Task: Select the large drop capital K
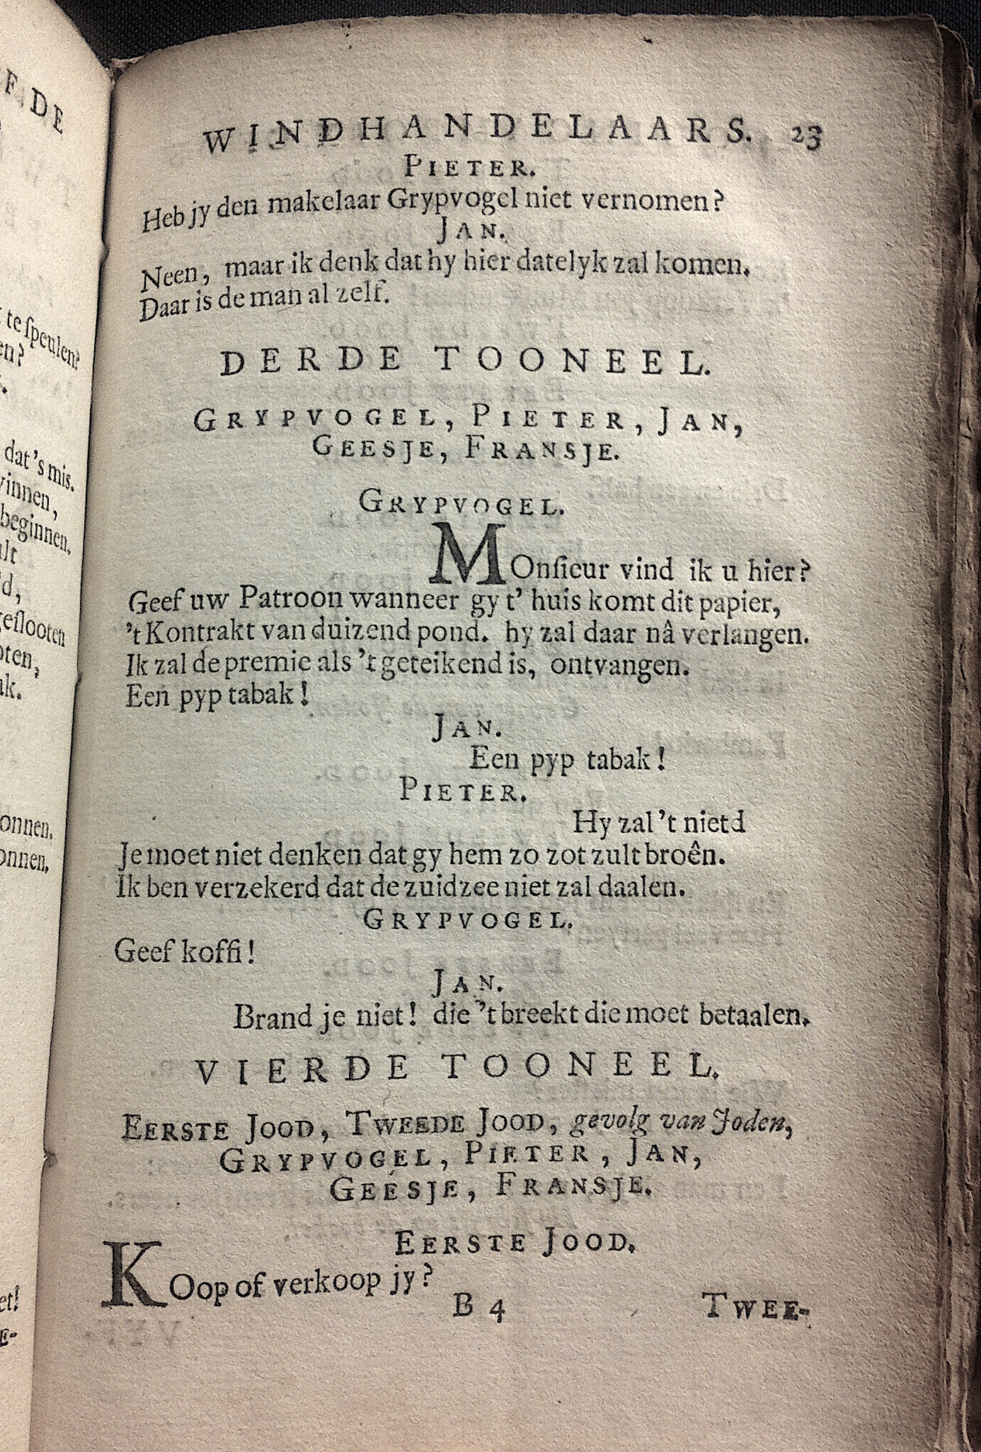(x=132, y=1277)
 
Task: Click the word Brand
(x=273, y=1018)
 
